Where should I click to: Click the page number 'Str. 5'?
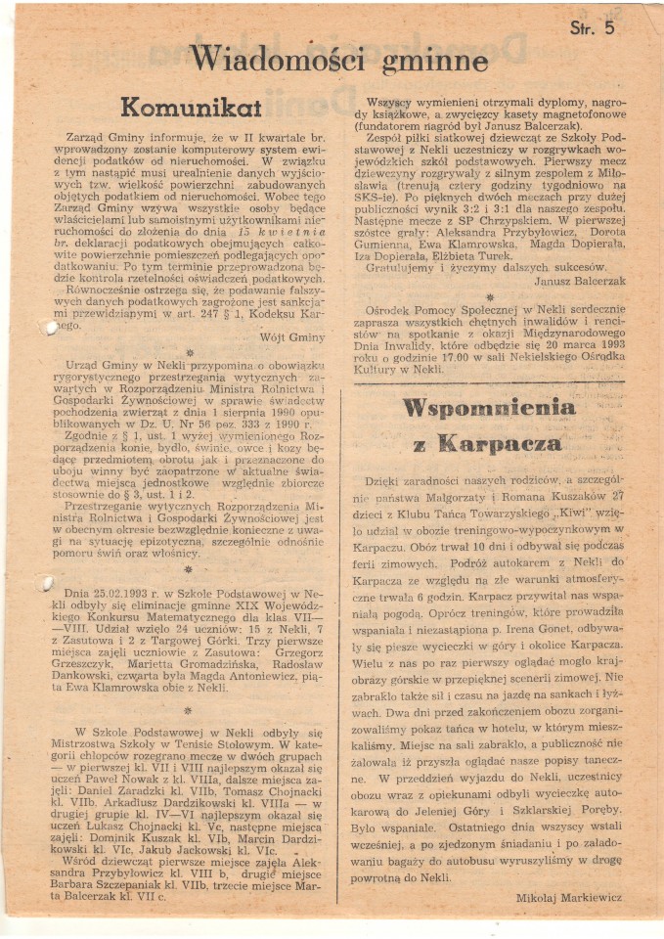[x=593, y=28]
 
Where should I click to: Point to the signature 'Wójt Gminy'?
[x=292, y=337]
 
